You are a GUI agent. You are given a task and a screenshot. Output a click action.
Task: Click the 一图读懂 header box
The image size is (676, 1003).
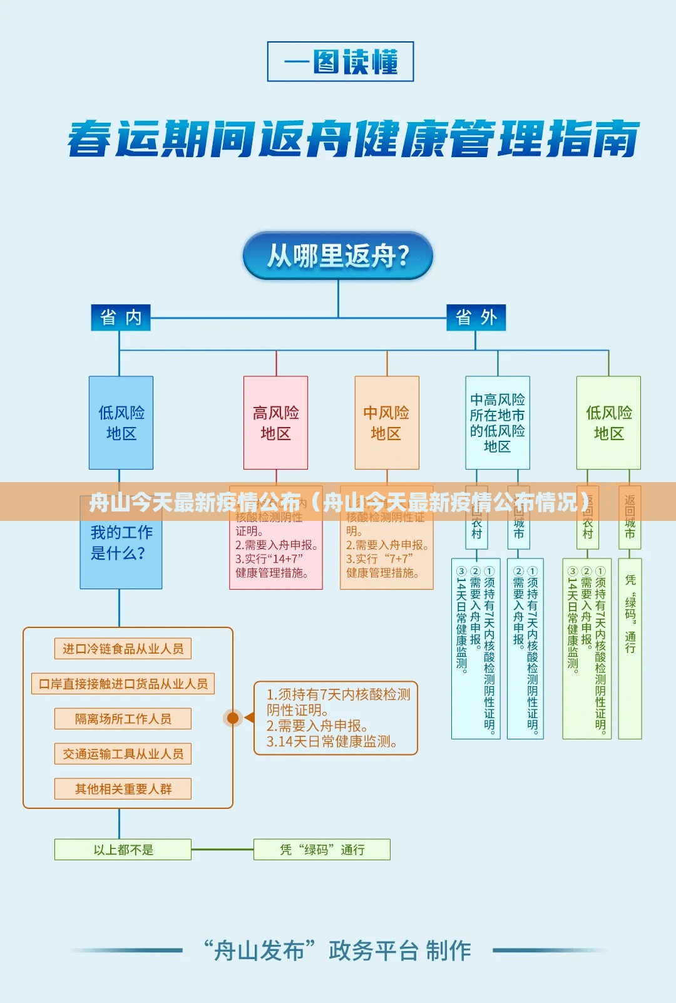click(341, 61)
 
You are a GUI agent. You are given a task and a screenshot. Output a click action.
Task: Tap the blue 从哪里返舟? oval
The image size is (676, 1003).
click(338, 255)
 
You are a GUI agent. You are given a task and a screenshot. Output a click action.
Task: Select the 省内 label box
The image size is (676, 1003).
click(121, 317)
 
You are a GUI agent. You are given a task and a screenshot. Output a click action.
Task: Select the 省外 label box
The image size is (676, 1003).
click(476, 317)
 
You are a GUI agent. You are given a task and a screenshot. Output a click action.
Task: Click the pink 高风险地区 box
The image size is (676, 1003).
click(275, 423)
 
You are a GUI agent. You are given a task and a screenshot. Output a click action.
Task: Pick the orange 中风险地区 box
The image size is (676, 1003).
click(387, 423)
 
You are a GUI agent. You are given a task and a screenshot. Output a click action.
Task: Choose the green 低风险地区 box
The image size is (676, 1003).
click(608, 423)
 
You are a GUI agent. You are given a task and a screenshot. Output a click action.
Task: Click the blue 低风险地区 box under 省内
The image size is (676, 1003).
click(121, 423)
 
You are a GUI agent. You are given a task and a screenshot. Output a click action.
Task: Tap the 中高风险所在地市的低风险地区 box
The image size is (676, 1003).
click(498, 423)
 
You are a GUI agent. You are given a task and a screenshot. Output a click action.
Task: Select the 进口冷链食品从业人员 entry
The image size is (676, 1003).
click(123, 649)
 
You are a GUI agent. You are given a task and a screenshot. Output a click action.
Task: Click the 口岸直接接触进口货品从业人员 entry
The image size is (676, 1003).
click(123, 684)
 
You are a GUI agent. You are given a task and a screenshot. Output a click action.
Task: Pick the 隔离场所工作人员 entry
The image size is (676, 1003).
click(123, 719)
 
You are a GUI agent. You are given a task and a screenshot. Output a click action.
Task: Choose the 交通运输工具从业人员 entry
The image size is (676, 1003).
click(123, 754)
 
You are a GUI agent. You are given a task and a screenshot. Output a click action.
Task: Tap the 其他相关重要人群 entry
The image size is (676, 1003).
click(123, 789)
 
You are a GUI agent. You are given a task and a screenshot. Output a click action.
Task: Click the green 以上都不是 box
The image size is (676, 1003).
click(123, 850)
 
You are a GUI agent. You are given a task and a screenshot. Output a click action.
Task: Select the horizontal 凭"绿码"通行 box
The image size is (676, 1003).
click(322, 850)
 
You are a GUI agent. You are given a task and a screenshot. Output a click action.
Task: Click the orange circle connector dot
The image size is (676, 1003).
click(233, 718)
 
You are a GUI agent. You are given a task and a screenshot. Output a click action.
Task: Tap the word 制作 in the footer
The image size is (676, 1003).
click(448, 950)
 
